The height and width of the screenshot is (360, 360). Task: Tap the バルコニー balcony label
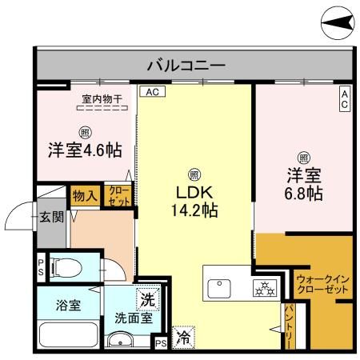tap(186, 64)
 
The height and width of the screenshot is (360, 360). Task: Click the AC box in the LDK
tap(151, 92)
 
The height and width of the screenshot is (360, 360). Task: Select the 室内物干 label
tap(102, 100)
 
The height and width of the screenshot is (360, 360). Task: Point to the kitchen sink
tap(218, 285)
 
